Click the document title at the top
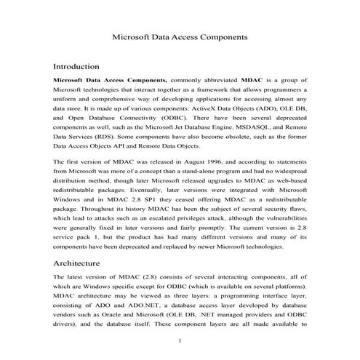pos(180,35)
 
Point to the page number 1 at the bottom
pos(180,340)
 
